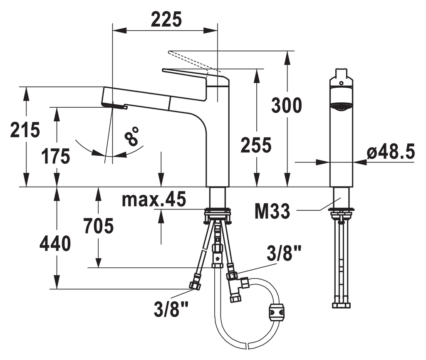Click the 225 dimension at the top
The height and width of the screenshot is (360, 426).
166,20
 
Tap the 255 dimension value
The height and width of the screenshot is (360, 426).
256,145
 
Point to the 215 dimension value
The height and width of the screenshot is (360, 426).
25,130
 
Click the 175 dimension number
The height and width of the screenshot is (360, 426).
55,156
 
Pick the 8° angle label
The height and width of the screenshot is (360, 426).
132,136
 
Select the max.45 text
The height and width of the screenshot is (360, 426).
154,199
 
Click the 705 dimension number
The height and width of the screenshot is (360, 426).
98,226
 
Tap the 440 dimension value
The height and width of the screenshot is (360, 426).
55,244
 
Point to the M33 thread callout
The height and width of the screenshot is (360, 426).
272,212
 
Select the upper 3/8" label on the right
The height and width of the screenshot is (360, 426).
284,254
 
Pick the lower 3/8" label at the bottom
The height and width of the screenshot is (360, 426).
171,308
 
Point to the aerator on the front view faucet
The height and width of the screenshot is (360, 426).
341,107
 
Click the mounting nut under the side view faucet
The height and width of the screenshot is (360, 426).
218,216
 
